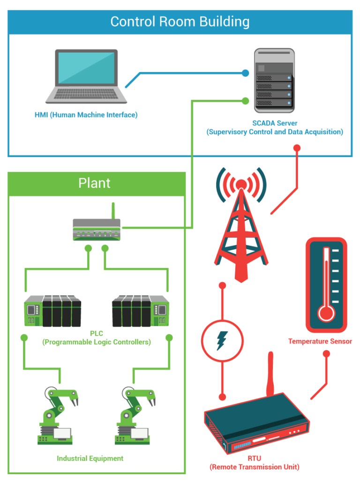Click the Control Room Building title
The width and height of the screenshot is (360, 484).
(x=180, y=22)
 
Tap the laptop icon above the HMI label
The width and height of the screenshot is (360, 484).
(x=86, y=76)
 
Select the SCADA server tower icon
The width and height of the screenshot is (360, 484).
(x=274, y=80)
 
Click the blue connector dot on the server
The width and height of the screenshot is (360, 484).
(x=245, y=73)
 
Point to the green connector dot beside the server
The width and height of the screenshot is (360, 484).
(x=245, y=100)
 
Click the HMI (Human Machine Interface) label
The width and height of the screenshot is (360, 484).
(x=86, y=115)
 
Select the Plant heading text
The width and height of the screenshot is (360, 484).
(x=94, y=183)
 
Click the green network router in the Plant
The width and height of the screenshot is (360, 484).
(x=97, y=230)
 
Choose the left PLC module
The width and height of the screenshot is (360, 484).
(x=52, y=311)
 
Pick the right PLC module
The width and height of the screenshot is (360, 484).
(x=141, y=311)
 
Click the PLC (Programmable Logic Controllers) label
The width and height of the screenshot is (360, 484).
(x=97, y=338)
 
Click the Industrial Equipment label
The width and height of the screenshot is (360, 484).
(x=90, y=458)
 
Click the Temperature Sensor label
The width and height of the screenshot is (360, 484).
(x=320, y=341)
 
